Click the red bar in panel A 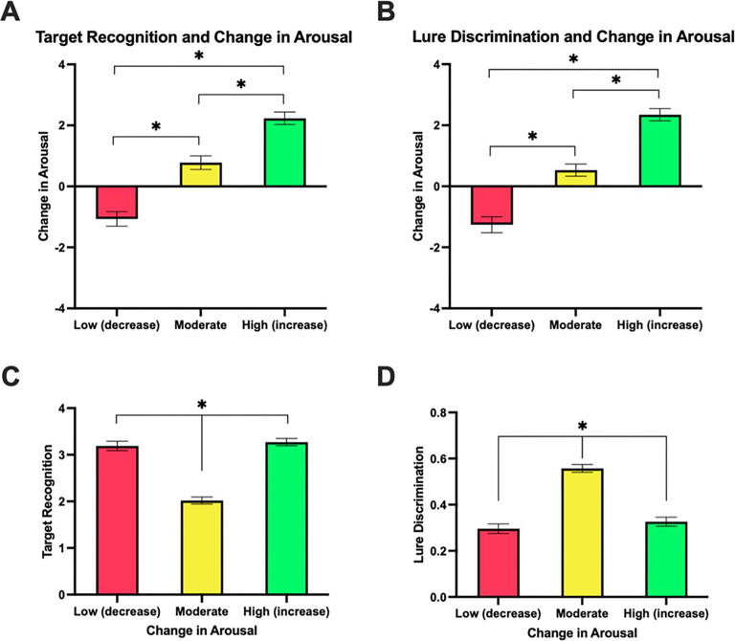point(117,202)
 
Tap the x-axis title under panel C point(201,630)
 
